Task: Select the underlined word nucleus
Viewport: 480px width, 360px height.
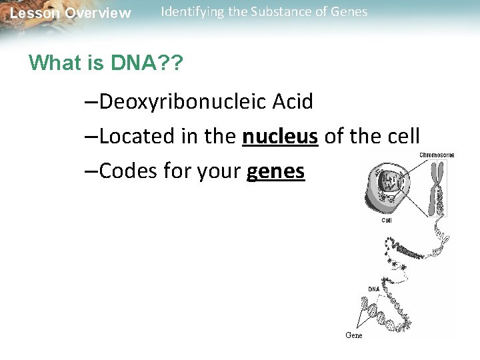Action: [280, 137]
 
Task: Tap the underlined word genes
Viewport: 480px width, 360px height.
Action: [275, 172]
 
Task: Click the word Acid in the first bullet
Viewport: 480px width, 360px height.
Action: [293, 102]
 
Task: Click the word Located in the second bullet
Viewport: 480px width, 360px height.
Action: [137, 137]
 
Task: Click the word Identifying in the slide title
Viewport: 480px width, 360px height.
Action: [192, 12]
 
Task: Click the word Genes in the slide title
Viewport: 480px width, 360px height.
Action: [347, 11]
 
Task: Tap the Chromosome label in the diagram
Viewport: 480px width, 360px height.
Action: [437, 155]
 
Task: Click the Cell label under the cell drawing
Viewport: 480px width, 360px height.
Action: [387, 220]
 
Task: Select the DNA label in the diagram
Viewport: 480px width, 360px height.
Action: [374, 289]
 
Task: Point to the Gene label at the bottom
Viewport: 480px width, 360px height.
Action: [354, 335]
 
